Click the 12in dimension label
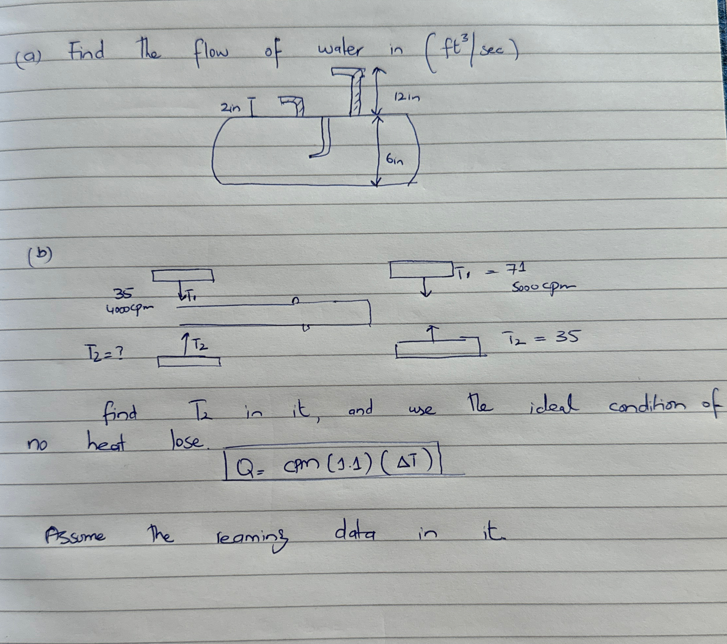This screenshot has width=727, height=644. tap(407, 97)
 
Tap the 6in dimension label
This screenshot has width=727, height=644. tap(395, 161)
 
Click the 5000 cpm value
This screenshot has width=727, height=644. tap(542, 287)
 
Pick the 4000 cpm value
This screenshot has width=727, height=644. tap(130, 310)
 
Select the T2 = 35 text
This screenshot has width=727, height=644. tap(540, 337)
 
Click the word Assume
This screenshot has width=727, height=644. tap(75, 535)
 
